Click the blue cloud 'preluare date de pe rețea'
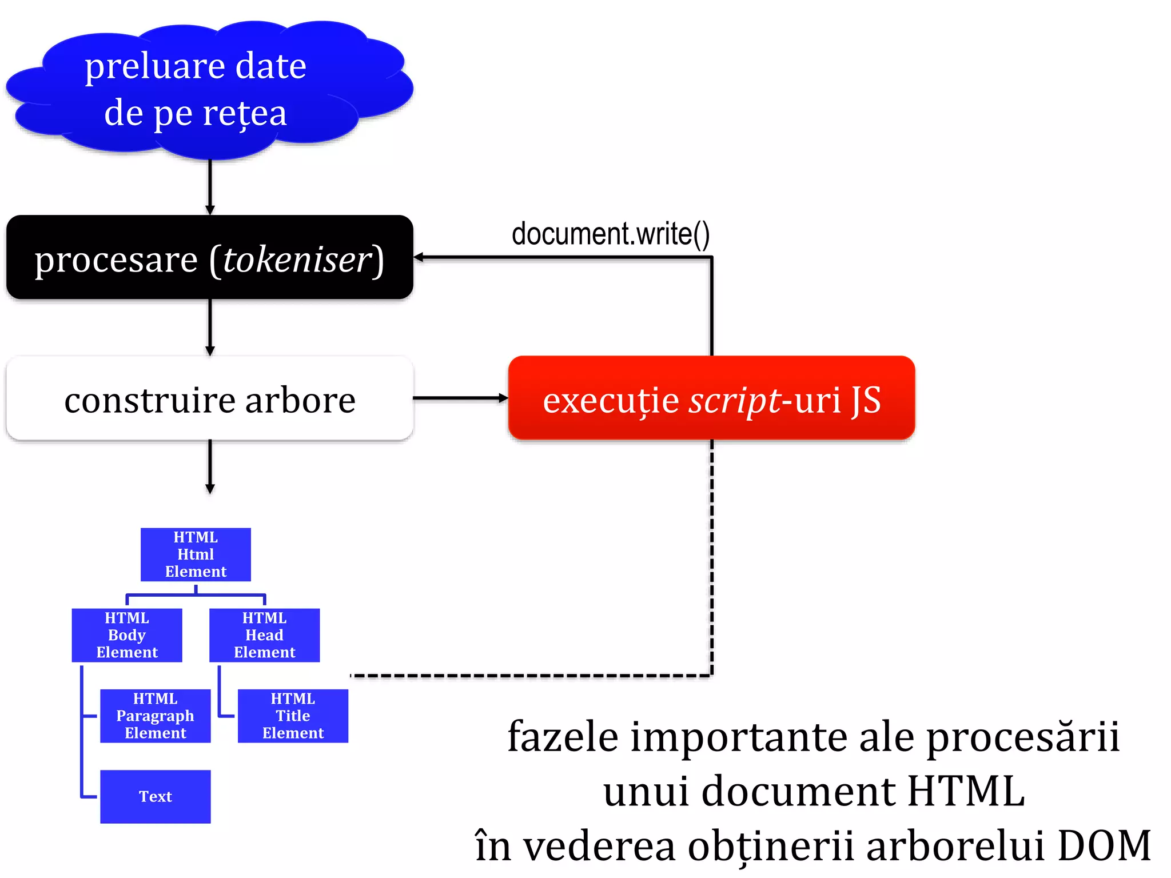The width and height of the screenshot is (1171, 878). click(209, 89)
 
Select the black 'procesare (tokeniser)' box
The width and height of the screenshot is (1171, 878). click(209, 257)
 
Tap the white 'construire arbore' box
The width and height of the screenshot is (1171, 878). click(209, 398)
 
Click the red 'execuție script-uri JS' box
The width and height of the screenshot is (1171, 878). click(711, 398)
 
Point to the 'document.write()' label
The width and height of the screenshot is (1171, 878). click(610, 234)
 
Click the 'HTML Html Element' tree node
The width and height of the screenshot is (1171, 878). click(196, 554)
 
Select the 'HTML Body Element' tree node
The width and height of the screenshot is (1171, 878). click(127, 635)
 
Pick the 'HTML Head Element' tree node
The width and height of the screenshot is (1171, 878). click(264, 635)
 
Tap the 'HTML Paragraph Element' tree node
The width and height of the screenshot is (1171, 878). click(155, 716)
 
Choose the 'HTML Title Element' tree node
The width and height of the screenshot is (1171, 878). click(293, 716)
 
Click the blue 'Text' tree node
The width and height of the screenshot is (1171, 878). click(155, 796)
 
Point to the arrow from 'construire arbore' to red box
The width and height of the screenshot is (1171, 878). click(460, 398)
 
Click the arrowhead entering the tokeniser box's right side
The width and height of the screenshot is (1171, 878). click(419, 257)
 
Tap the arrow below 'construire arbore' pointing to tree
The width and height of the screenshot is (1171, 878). click(210, 466)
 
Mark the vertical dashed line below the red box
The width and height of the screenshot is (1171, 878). click(711, 554)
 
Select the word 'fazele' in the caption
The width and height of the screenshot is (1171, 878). click(563, 737)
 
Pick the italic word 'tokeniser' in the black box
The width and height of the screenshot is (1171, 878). click(297, 260)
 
